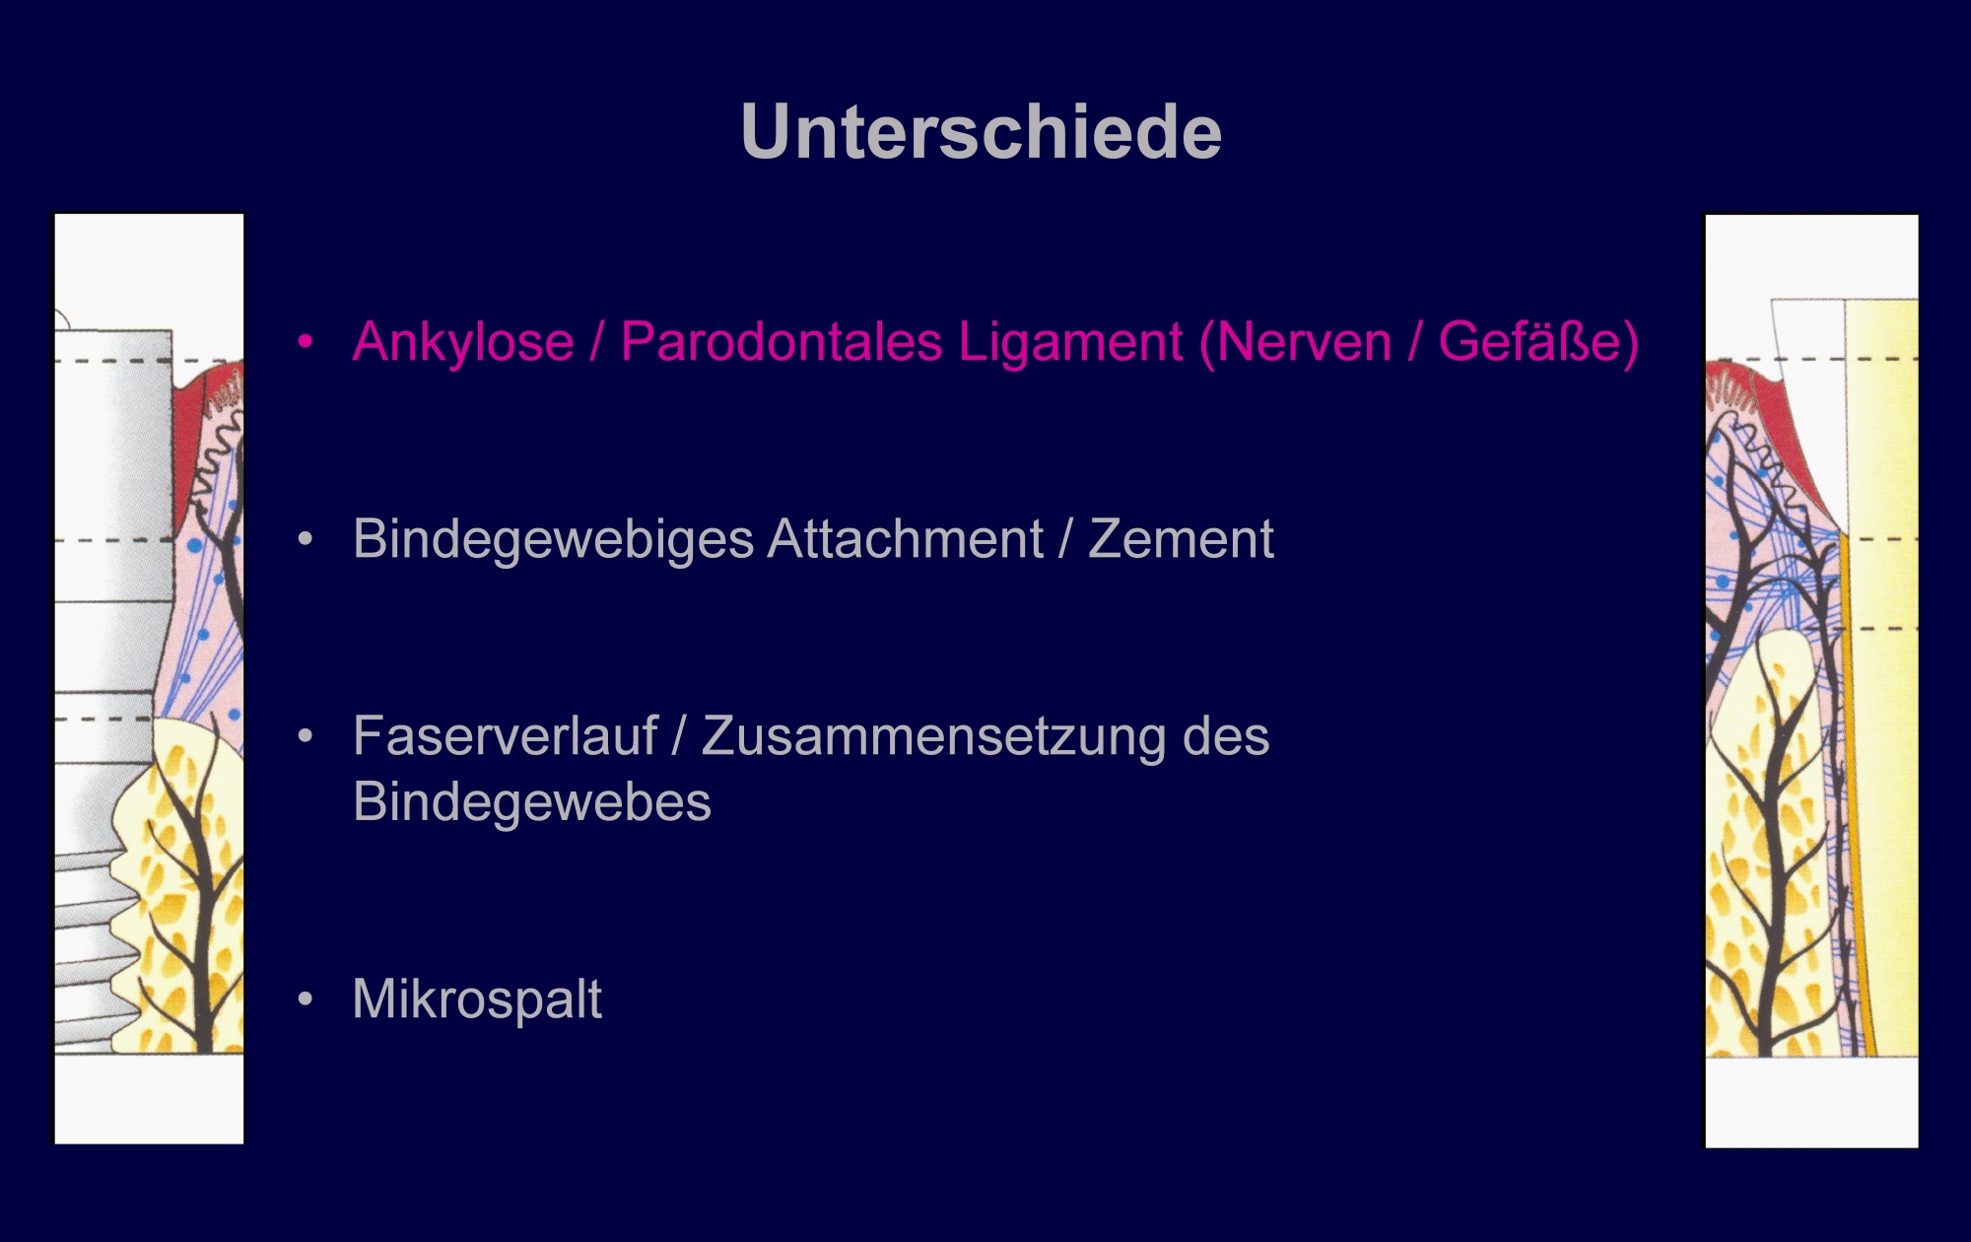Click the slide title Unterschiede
[981, 132]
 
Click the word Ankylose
[463, 343]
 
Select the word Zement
[1181, 540]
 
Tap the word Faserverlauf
[505, 736]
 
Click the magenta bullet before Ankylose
[306, 342]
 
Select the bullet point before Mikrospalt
[306, 1000]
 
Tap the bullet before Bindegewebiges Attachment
[306, 539]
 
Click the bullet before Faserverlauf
[306, 736]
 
